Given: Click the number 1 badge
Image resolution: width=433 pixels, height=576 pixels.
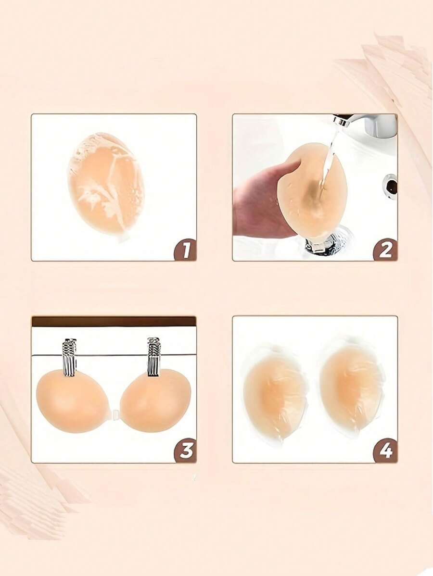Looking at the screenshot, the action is pyautogui.click(x=185, y=250).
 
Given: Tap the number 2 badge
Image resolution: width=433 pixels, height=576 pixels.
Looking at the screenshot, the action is pyautogui.click(x=385, y=250).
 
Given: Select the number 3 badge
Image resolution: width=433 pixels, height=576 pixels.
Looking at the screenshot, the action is pyautogui.click(x=185, y=451).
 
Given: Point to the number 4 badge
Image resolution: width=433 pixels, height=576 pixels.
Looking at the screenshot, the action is pyautogui.click(x=385, y=451).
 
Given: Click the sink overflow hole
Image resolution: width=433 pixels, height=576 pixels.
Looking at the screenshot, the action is pyautogui.click(x=391, y=185).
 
